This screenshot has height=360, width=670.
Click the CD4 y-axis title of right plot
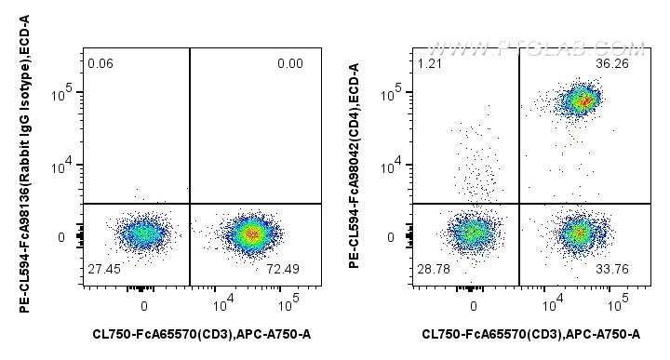coord(355,165)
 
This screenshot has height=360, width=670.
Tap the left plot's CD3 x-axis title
coord(200,333)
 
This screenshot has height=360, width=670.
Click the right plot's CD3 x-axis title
coord(530,333)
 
